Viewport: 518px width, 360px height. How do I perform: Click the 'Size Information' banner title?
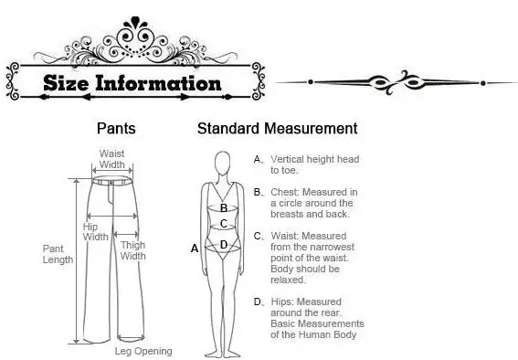[x=132, y=82]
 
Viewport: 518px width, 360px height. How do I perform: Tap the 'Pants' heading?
[x=116, y=128]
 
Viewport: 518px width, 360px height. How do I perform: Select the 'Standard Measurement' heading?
[x=278, y=128]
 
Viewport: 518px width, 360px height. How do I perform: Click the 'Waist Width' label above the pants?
[x=112, y=159]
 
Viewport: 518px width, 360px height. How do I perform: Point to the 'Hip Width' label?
[x=95, y=231]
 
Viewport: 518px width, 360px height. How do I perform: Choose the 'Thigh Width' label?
[x=132, y=250]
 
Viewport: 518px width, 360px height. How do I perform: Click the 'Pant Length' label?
[x=58, y=254]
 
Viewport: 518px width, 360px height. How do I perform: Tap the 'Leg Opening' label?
[x=143, y=351]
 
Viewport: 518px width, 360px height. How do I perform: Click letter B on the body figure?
[x=224, y=208]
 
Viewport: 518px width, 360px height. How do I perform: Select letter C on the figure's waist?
[x=224, y=224]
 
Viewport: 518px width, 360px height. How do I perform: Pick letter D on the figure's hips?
[x=224, y=245]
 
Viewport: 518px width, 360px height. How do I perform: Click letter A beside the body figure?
[x=195, y=248]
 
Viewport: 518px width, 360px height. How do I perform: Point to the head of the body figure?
[x=223, y=163]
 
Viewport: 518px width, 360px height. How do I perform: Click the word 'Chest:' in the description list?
[x=285, y=192]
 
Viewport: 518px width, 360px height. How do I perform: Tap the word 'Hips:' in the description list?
[x=282, y=302]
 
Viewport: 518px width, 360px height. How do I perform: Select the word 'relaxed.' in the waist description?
[x=288, y=280]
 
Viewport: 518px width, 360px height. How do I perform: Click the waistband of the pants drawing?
[x=111, y=181]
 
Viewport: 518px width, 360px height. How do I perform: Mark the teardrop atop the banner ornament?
[x=135, y=22]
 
